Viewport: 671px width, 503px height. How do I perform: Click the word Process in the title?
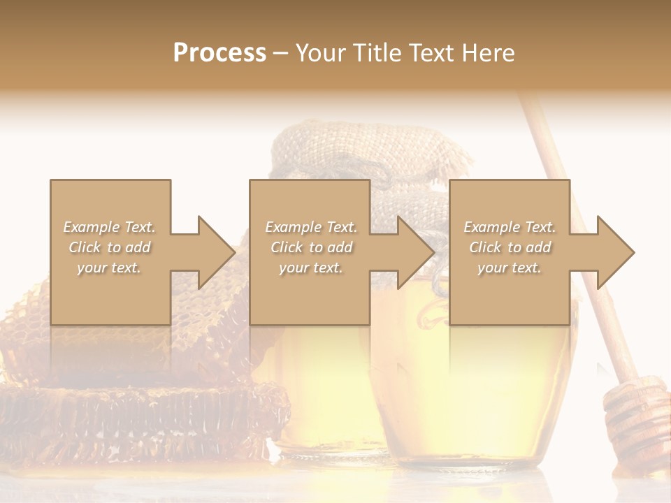219,53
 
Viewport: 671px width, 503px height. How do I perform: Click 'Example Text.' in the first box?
109,227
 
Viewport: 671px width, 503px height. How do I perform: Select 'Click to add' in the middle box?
311,247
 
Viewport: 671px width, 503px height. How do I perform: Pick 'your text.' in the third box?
510,268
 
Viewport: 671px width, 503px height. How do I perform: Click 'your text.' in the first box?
109,268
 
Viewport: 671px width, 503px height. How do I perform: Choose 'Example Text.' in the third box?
510,227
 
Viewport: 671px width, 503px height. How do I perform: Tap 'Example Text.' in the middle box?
311,227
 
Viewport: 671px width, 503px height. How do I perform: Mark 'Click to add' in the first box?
109,247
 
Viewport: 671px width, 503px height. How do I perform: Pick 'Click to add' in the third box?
510,247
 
